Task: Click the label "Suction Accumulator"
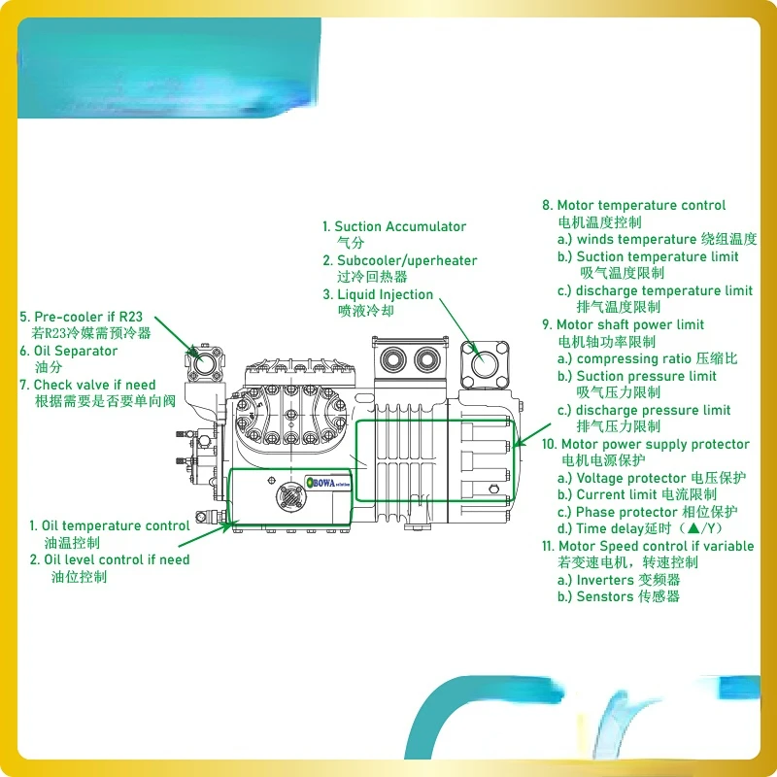(400, 227)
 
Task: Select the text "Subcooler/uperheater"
(407, 260)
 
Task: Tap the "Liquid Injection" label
(385, 295)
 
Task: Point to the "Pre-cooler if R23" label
(88, 317)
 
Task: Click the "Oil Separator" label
(76, 351)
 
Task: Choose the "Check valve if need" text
(94, 385)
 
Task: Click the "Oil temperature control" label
(116, 525)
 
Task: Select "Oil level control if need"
(117, 560)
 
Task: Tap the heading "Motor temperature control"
(641, 205)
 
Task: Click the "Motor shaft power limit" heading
(629, 325)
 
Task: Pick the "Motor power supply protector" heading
(655, 445)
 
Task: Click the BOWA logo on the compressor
(328, 483)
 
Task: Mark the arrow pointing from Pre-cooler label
(176, 336)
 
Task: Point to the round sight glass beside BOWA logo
(290, 497)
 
